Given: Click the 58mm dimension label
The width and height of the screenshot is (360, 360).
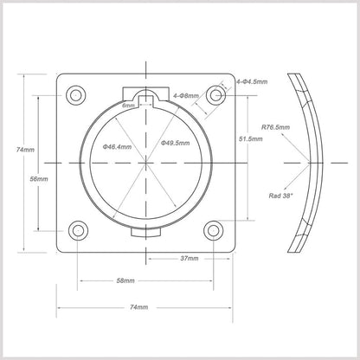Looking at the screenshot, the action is [x=125, y=280].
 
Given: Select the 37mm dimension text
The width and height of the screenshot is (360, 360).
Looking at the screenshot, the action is [x=190, y=259].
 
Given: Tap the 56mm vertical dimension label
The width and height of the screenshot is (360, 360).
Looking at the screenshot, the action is [x=39, y=179].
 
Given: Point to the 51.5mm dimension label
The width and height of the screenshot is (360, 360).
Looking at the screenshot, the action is [x=251, y=138].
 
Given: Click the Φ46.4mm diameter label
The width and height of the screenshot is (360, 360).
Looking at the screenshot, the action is [x=117, y=147].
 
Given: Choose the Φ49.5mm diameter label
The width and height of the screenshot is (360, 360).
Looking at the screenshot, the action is [x=176, y=143].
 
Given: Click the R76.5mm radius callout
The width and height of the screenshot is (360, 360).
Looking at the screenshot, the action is [x=275, y=127].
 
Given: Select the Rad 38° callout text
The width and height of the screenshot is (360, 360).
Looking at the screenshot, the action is [x=280, y=196].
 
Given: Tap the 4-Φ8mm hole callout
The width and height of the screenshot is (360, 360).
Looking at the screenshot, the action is [x=186, y=95].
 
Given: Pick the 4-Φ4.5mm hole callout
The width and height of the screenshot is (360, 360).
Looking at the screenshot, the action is [x=252, y=81].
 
